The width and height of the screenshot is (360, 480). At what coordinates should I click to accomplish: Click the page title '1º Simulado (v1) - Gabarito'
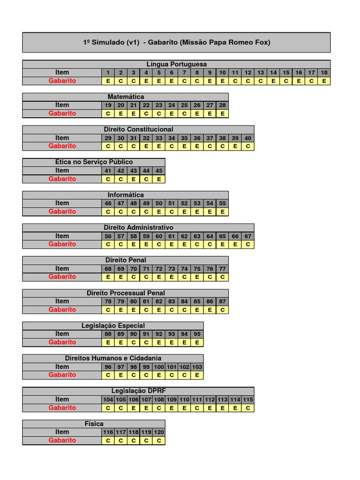pos(176,42)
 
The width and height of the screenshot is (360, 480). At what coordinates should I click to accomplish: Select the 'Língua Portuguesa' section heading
pos(176,64)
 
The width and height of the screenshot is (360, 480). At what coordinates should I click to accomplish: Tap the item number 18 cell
pos(324,73)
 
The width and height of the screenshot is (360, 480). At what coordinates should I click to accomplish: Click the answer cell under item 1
pos(108,81)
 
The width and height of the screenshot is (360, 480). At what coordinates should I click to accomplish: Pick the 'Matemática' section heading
pos(126,97)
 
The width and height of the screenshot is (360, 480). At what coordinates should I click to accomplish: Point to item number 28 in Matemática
pos(222,105)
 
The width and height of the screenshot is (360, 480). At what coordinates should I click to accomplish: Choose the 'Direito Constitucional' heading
pos(138,129)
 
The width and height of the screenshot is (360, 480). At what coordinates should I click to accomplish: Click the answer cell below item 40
pos(248,146)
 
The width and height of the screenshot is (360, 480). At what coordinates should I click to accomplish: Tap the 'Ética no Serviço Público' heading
pos(94,162)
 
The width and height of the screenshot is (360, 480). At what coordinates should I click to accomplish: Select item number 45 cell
pos(159,171)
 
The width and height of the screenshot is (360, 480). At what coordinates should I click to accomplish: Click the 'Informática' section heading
pos(126,195)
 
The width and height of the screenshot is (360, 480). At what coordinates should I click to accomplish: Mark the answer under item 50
pos(159,211)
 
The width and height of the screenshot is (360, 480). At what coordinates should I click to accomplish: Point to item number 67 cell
pos(248,236)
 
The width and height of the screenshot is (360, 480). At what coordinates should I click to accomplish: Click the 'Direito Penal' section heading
pos(126,260)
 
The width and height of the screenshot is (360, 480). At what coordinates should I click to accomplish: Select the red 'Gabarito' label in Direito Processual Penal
pos(62,309)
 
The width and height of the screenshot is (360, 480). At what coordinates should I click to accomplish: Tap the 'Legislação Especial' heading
pos(113,326)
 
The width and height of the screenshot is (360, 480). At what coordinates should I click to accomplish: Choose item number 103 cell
pos(197,367)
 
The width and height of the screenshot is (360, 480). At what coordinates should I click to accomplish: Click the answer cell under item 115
pos(248,408)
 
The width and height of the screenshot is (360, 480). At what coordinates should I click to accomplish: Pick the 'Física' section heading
pos(94,424)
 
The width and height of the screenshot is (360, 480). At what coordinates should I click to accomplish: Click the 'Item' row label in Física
pos(62,432)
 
